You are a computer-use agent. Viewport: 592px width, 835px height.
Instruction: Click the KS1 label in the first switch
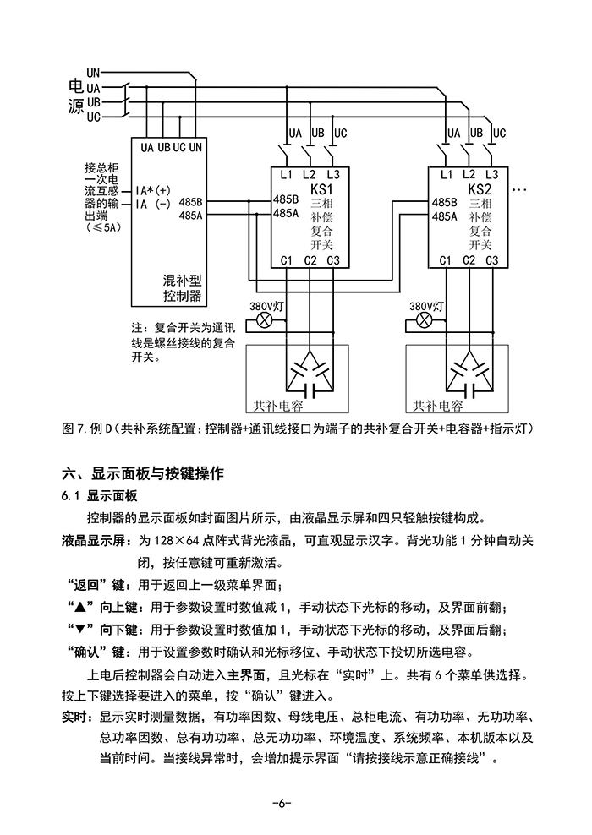pyautogui.click(x=322, y=189)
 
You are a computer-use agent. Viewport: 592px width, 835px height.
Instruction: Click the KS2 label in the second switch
pyautogui.click(x=480, y=189)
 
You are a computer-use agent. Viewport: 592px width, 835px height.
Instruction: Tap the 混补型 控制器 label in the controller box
pyautogui.click(x=181, y=287)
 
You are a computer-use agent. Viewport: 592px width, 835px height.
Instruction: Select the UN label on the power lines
pyautogui.click(x=93, y=74)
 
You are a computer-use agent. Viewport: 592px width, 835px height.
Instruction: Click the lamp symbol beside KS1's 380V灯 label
pyautogui.click(x=263, y=321)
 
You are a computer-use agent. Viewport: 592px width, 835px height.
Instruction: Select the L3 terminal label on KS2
pyautogui.click(x=491, y=174)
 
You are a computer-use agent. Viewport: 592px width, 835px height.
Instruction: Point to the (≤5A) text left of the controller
pyautogui.click(x=104, y=227)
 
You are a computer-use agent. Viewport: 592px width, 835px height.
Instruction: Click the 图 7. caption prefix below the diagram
pyautogui.click(x=74, y=428)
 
